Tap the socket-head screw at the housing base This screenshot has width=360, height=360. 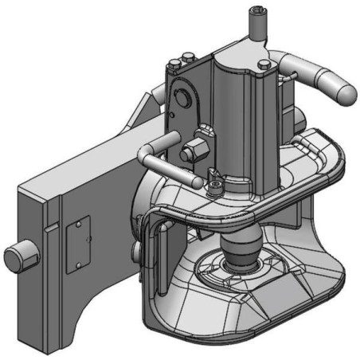[216, 188]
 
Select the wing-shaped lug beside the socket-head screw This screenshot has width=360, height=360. [209, 174]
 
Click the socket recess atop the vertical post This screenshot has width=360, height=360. [257, 11]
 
